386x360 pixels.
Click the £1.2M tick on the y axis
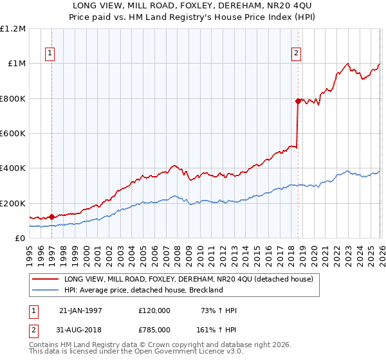[13, 29]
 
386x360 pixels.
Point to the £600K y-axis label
[13, 134]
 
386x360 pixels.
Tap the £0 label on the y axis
[21, 239]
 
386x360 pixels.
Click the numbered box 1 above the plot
[51, 54]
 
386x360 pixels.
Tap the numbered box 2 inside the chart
[297, 54]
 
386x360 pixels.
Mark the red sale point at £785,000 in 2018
[298, 101]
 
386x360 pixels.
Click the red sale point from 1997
[51, 217]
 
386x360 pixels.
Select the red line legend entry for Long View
[188, 279]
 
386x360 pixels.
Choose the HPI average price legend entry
[143, 290]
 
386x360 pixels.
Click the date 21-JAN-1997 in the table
[80, 310]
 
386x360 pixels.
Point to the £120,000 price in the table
[154, 310]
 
